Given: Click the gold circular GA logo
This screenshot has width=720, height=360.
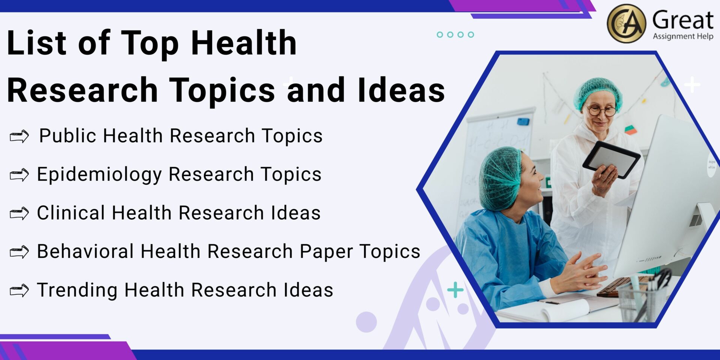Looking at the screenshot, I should (626, 23).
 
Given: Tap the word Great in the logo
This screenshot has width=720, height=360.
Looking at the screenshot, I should (682, 20).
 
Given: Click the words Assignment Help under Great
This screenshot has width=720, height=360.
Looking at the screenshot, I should (683, 36).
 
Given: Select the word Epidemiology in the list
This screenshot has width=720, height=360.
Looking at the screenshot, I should (99, 175).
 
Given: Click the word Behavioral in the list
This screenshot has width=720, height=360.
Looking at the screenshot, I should (85, 251).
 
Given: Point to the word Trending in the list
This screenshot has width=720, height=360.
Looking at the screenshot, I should (77, 290).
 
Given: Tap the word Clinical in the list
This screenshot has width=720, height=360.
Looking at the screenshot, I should (71, 213).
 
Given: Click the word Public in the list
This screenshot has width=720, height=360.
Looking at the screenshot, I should (67, 136).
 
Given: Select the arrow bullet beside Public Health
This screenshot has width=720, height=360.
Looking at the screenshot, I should (19, 136).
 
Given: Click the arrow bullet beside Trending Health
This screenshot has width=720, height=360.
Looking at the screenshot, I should (19, 290).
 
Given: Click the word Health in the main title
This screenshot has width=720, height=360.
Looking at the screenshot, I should (244, 43).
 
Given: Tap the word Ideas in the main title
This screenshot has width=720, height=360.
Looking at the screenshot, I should (401, 90).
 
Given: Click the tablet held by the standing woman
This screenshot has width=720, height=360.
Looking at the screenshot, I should (611, 159).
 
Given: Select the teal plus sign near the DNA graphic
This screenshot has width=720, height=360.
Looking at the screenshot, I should (455, 290).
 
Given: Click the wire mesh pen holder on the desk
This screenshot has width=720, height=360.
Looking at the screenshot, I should (639, 302).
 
